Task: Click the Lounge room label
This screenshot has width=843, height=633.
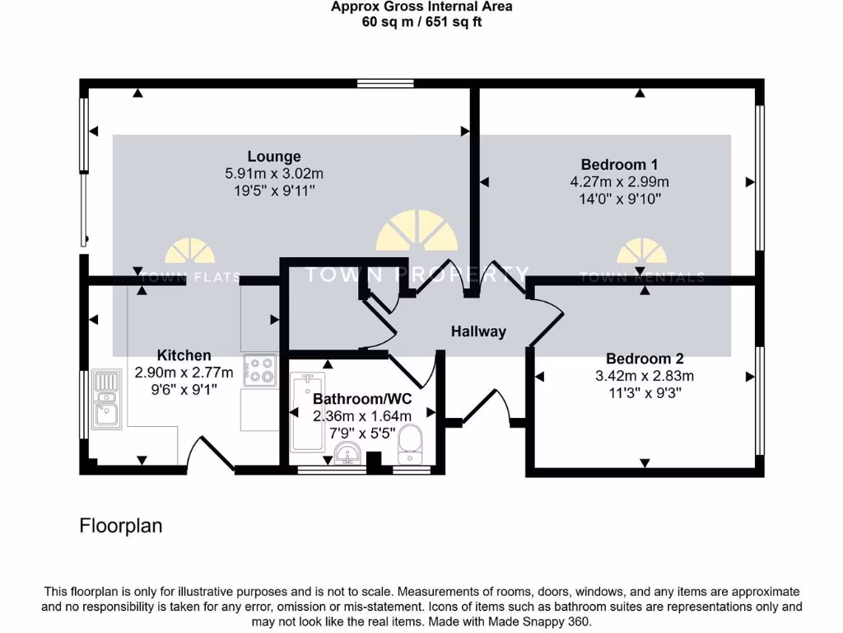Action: (x=274, y=156)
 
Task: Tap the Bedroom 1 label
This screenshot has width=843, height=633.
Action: (x=619, y=164)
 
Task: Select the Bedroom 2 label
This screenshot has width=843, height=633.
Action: (x=645, y=359)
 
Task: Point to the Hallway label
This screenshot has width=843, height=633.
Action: (x=478, y=332)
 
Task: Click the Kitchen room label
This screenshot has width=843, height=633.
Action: (x=184, y=355)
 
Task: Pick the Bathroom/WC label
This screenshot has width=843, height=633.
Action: (x=362, y=399)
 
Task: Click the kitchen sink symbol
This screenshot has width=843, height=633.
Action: (x=106, y=401)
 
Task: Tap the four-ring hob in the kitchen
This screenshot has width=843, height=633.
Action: (x=260, y=369)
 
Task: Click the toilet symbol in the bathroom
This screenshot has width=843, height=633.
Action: (x=409, y=445)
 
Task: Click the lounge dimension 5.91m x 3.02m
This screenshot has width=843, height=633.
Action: (x=274, y=174)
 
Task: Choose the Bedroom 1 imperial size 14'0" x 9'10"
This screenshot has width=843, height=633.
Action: (x=619, y=199)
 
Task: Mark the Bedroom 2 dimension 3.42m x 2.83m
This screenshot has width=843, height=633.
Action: (x=645, y=376)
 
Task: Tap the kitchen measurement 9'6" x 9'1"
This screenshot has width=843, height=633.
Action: (x=184, y=391)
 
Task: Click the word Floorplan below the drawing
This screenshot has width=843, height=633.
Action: (x=121, y=526)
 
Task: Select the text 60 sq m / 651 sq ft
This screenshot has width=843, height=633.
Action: (x=421, y=21)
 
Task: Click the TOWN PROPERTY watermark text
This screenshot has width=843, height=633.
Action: (x=417, y=274)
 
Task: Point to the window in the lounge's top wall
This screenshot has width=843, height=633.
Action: (x=375, y=82)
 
